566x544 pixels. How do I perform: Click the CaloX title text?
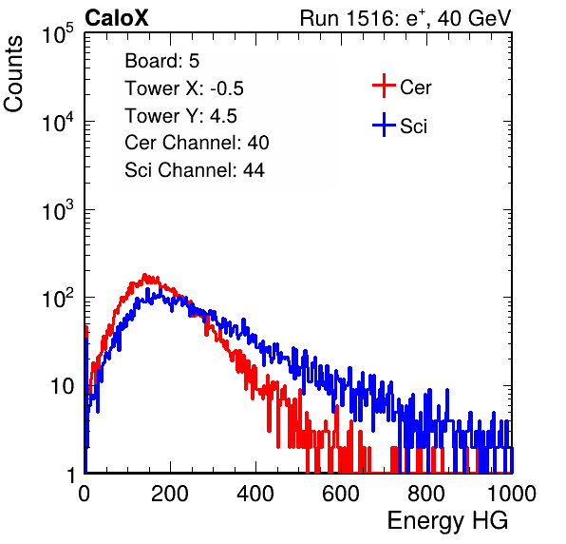(x=117, y=18)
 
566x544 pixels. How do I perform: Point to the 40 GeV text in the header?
(x=474, y=18)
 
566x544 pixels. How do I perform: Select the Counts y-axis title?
(x=13, y=74)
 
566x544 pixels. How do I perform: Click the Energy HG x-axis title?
(x=447, y=521)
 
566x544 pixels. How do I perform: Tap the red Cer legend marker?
(x=384, y=86)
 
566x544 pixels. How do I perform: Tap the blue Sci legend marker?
(x=384, y=125)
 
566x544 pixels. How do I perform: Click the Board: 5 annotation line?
(x=162, y=61)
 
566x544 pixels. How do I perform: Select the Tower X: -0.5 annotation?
(x=184, y=88)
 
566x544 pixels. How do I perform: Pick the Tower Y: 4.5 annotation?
(x=180, y=116)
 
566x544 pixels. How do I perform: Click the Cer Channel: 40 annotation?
(x=197, y=143)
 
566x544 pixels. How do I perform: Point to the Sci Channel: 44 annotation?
(x=195, y=170)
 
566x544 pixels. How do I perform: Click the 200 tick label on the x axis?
(x=170, y=494)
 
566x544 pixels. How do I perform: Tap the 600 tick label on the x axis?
(x=341, y=494)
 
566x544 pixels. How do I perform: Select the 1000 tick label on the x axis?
(x=512, y=494)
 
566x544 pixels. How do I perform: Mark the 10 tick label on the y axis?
(x=62, y=386)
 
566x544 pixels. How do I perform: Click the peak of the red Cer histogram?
(x=144, y=275)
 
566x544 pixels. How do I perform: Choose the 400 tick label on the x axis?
(x=255, y=494)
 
